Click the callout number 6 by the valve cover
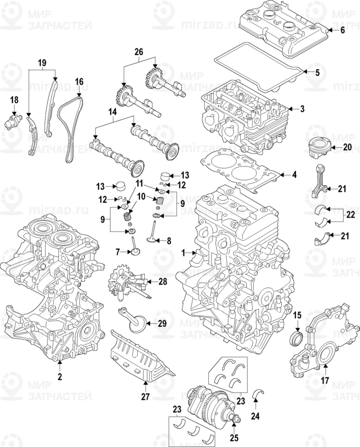pos(343,30)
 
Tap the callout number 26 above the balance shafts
pos(138,52)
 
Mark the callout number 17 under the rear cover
pos(325,381)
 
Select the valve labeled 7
pos(134,247)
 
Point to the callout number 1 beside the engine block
pos(183,254)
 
